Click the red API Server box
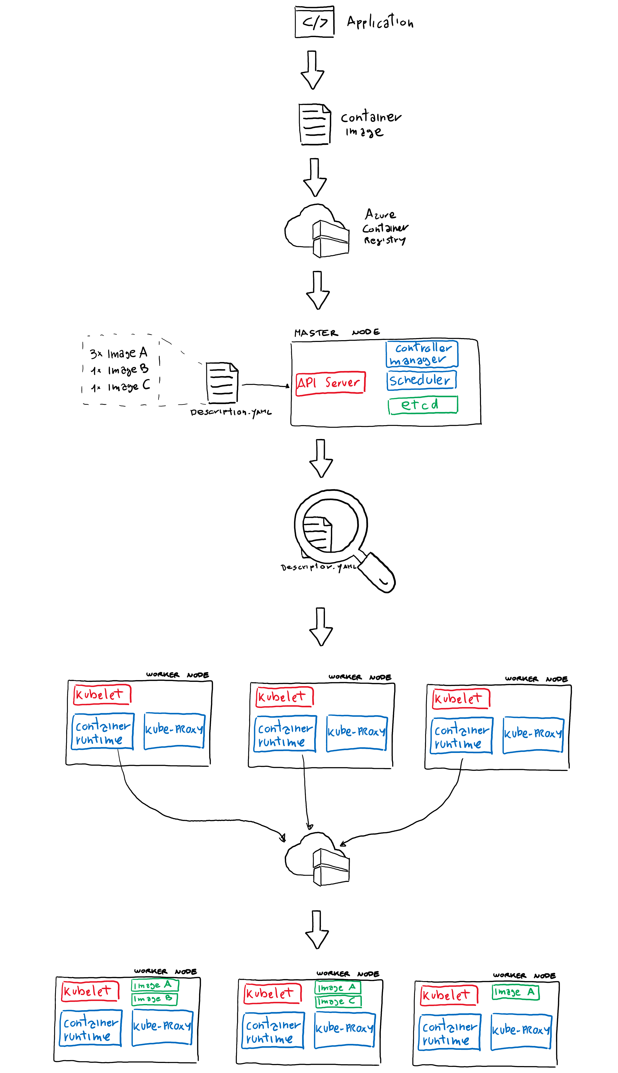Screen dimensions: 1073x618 point(330,383)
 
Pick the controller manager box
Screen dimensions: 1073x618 point(422,354)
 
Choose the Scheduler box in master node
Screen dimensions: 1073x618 point(421,380)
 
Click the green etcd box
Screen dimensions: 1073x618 point(423,405)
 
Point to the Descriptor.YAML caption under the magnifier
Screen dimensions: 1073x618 point(318,567)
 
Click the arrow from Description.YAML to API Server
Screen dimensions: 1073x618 point(265,385)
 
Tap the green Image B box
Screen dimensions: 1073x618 point(154,999)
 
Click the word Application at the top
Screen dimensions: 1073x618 point(380,21)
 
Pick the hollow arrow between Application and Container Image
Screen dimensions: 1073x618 point(312,70)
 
